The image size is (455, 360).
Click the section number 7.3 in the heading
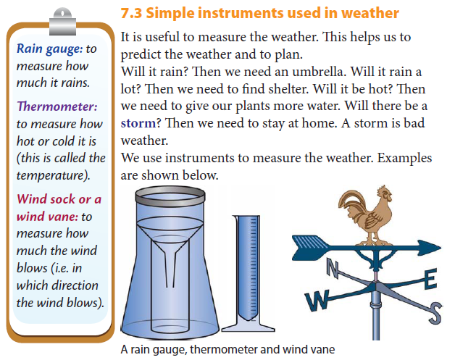click(x=131, y=13)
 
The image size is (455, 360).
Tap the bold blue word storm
click(x=138, y=123)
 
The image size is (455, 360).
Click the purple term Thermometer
click(x=57, y=106)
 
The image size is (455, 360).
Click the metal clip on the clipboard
click(x=62, y=22)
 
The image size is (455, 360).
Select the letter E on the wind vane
click(x=430, y=279)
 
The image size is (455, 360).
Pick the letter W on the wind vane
click(x=317, y=301)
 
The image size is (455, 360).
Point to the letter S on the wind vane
click(x=435, y=314)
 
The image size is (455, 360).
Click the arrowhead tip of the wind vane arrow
click(x=441, y=248)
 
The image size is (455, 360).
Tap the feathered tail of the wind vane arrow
click(x=309, y=248)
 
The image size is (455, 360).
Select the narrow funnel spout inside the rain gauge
click(x=170, y=269)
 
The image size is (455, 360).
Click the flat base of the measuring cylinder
click(x=248, y=328)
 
